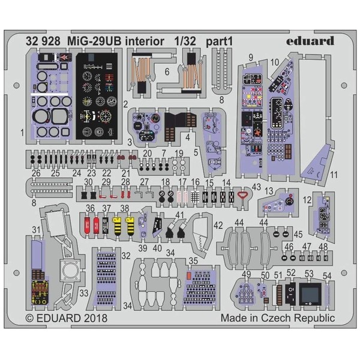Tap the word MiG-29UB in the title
pyautogui.click(x=90, y=41)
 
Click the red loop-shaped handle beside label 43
pyautogui.click(x=242, y=195)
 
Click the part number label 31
pyautogui.click(x=36, y=229)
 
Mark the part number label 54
pyautogui.click(x=327, y=275)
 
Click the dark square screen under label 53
pyautogui.click(x=310, y=295)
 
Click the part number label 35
pyautogui.click(x=193, y=261)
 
